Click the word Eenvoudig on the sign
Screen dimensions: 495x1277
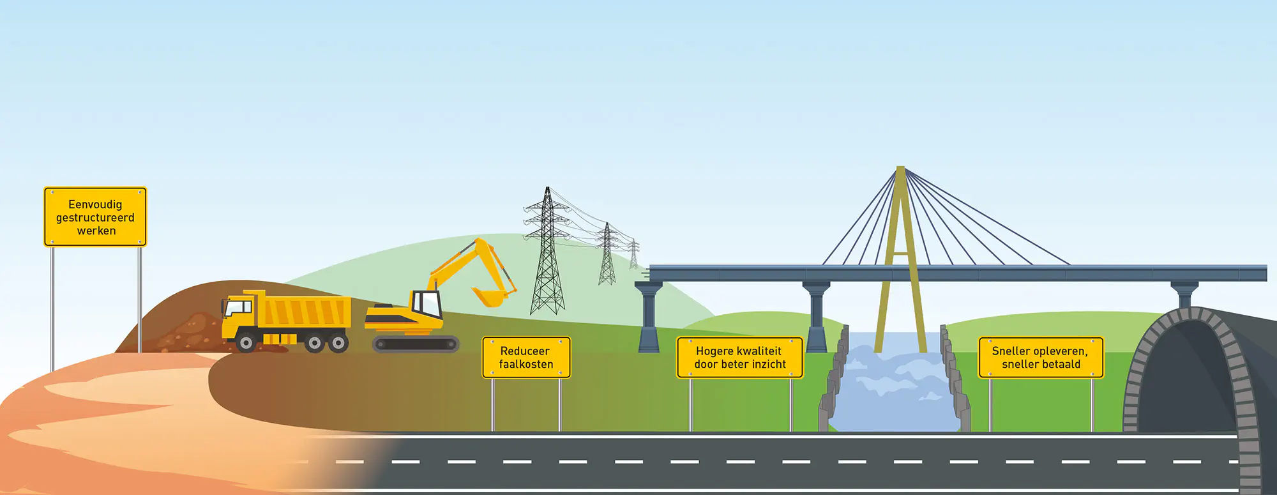tap(95, 204)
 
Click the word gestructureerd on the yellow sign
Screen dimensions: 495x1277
tap(95, 218)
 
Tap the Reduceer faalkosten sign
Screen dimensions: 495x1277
tap(525, 358)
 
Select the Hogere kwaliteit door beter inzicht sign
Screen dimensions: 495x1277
tap(739, 358)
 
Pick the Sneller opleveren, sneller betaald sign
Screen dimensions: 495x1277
tap(1040, 358)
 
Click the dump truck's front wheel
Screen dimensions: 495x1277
tap(246, 343)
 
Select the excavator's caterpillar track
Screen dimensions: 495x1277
tap(415, 344)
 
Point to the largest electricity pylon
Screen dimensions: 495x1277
tap(547, 255)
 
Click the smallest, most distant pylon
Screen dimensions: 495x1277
tap(633, 254)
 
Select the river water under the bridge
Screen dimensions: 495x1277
tap(894, 390)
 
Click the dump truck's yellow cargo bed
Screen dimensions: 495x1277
tap(306, 312)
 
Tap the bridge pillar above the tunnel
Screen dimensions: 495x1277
tap(1184, 294)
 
